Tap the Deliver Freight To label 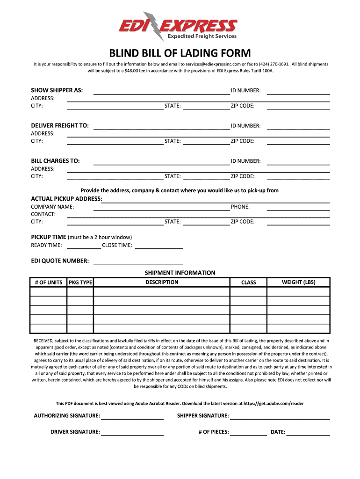pyautogui.click(x=60, y=126)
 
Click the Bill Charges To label pyautogui.click(x=55, y=161)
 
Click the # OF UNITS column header pyautogui.click(x=49, y=283)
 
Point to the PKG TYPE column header pyautogui.click(x=80, y=283)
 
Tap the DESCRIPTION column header pyautogui.click(x=162, y=282)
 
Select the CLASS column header pyautogui.click(x=248, y=283)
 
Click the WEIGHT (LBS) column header pyautogui.click(x=298, y=282)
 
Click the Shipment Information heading pyautogui.click(x=180, y=273)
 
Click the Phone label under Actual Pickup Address pyautogui.click(x=240, y=207)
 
